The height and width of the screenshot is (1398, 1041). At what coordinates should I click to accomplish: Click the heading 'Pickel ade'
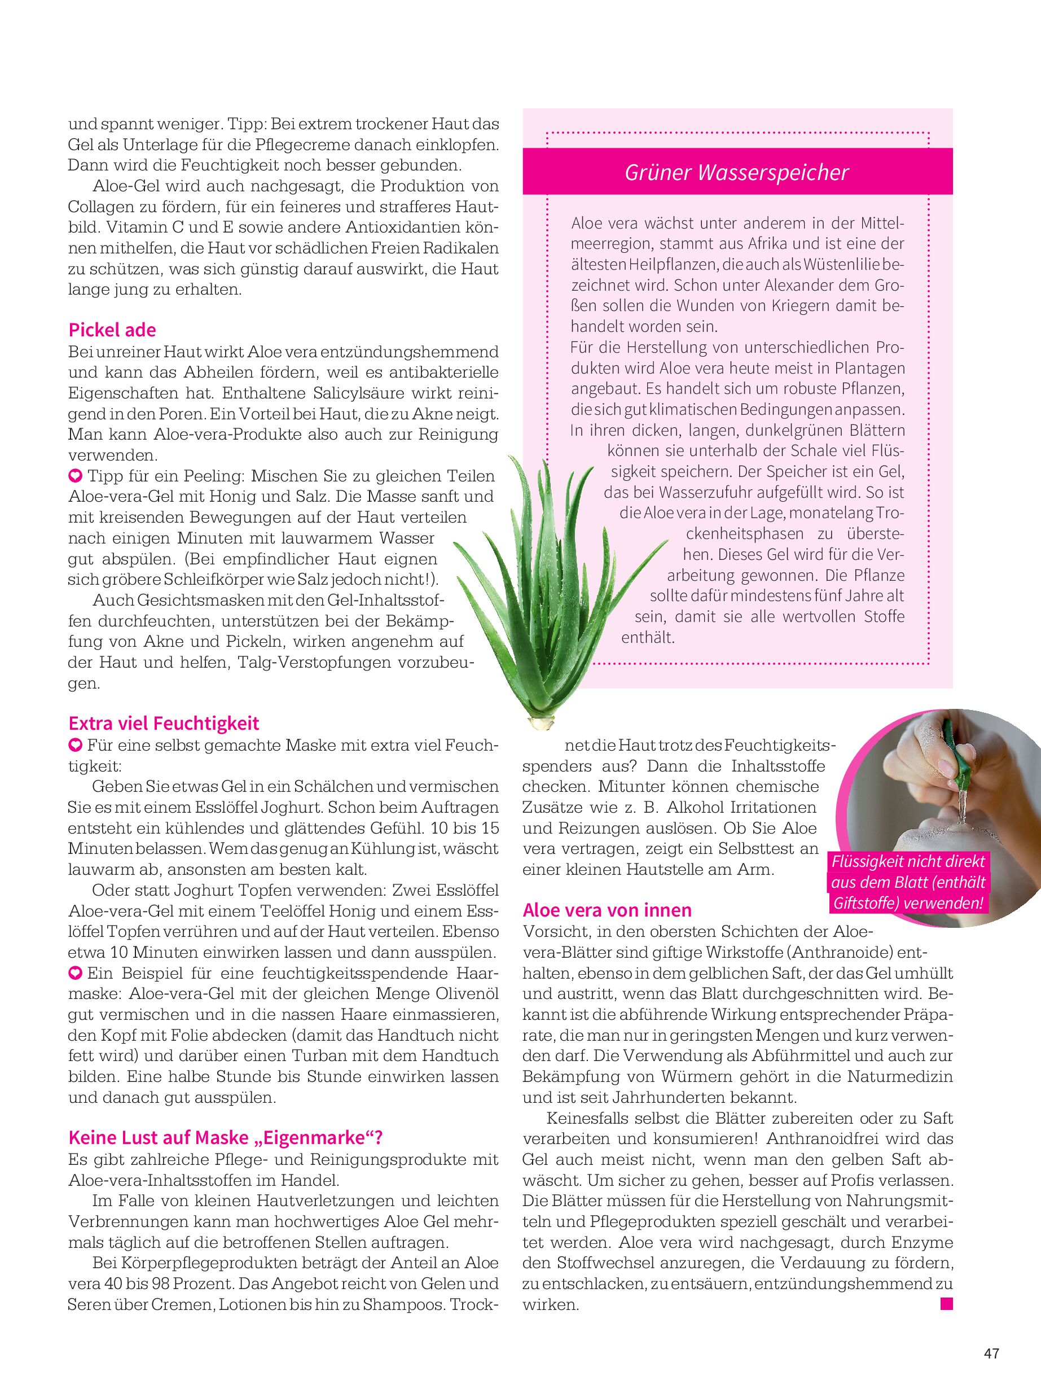[112, 330]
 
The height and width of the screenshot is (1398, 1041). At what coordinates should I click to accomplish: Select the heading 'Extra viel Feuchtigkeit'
[164, 723]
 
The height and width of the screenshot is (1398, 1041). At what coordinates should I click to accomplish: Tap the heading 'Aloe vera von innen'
[607, 910]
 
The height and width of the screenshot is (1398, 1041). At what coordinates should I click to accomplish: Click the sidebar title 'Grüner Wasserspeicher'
[737, 173]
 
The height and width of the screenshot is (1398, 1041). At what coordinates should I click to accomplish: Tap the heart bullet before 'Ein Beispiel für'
[75, 973]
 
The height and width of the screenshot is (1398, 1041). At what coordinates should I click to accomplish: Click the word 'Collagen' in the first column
[102, 207]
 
